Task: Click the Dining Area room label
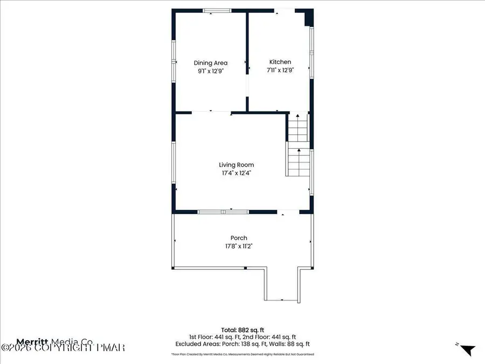pyautogui.click(x=211, y=63)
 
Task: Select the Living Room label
pyautogui.click(x=236, y=165)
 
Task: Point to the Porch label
pyautogui.click(x=239, y=238)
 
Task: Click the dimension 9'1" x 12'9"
pyautogui.click(x=211, y=71)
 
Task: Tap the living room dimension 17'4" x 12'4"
pyautogui.click(x=236, y=173)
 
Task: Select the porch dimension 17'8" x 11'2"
pyautogui.click(x=239, y=246)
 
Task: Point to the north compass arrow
pyautogui.click(x=468, y=350)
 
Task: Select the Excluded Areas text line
pyautogui.click(x=242, y=344)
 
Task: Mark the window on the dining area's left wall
pyautogui.click(x=174, y=61)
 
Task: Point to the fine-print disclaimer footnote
pyautogui.click(x=242, y=354)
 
